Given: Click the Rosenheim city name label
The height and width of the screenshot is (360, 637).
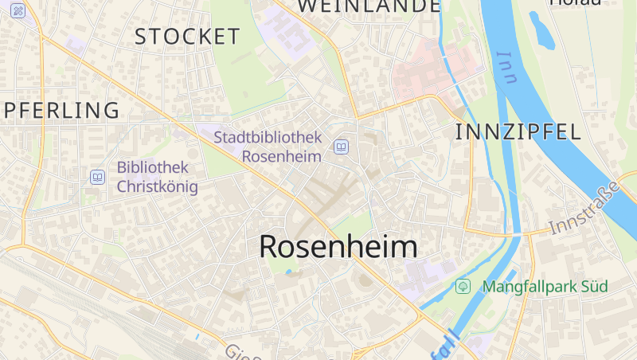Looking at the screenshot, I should tap(338, 247).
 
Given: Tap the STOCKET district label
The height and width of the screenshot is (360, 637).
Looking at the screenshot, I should tap(187, 37).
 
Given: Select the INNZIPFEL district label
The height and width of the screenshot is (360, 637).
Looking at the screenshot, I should tap(518, 132).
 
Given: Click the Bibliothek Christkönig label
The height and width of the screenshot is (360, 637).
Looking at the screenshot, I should tap(157, 177).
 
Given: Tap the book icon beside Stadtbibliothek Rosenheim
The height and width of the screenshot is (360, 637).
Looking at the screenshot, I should tap(342, 147).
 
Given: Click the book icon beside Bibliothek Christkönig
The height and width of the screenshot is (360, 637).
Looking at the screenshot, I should tap(97, 177).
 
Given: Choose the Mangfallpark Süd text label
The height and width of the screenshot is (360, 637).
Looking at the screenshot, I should tap(545, 287).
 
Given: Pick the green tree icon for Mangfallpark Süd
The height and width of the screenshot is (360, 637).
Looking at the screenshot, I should tap(463, 286).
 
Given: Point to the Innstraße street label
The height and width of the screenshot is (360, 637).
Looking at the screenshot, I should tap(584, 209).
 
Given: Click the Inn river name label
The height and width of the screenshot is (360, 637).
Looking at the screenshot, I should tap(506, 67).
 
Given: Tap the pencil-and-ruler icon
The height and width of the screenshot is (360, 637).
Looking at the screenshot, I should tap(18, 10).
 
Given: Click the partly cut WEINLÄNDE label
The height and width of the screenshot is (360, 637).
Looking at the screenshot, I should tap(369, 6).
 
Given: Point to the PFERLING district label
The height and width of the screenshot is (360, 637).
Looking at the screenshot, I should tap(61, 110).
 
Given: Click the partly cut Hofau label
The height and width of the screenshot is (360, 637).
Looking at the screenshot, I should tap(574, 2).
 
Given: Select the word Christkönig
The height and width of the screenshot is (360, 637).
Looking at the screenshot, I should tap(157, 187).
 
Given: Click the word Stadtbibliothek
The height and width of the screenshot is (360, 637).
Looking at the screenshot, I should tap(268, 137).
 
